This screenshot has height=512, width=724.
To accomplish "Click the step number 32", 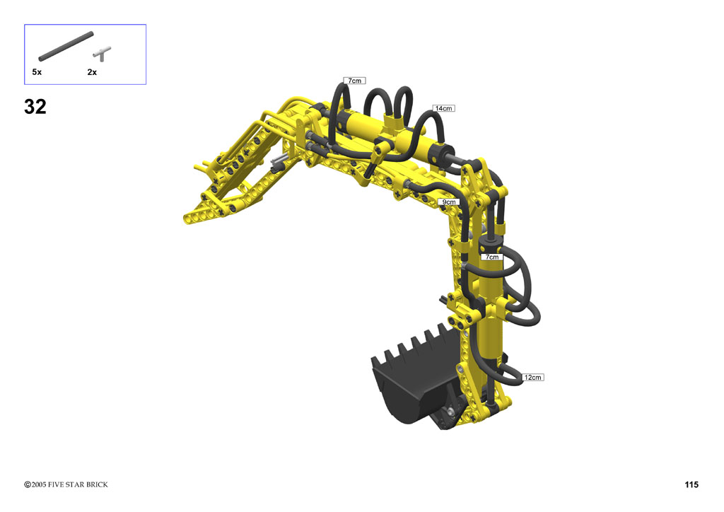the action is (x=35, y=107).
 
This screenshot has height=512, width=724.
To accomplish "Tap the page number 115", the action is (x=691, y=484).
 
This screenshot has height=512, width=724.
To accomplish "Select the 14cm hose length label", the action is (x=444, y=108).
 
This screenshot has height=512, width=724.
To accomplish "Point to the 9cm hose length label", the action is (x=449, y=202).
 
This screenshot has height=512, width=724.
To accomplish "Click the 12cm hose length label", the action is (x=532, y=377).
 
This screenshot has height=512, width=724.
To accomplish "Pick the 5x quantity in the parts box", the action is (x=37, y=72).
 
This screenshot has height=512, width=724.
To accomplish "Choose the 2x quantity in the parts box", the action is (x=92, y=72).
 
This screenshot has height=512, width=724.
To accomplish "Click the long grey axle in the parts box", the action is (x=66, y=46).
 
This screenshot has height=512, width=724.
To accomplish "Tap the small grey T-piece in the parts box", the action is (x=102, y=54).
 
